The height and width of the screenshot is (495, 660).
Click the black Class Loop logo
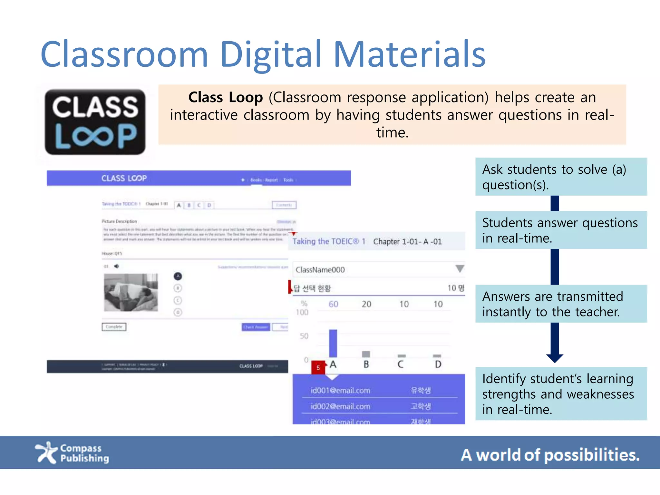click(x=95, y=122)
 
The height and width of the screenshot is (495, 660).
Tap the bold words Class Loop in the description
click(x=226, y=97)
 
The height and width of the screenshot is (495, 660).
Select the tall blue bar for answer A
click(x=333, y=343)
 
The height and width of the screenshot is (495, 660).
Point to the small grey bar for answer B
click(x=366, y=354)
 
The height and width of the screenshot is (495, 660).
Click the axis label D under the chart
click(x=438, y=364)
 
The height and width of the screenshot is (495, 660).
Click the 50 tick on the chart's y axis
click(x=304, y=336)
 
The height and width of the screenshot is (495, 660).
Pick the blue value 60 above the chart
click(x=333, y=304)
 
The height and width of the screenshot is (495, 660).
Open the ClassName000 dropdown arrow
click(x=460, y=269)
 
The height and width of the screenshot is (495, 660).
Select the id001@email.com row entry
click(x=340, y=391)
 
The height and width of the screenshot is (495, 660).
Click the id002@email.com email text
click(x=340, y=406)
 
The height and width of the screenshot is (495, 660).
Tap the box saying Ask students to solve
click(x=561, y=177)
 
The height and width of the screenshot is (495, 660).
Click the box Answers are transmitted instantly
click(x=561, y=304)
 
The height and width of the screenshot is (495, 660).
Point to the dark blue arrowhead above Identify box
click(x=555, y=358)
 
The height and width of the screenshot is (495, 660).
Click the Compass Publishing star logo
click(x=46, y=452)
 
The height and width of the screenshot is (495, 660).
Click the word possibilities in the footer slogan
click(x=592, y=455)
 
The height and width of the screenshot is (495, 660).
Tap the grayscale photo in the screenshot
click(x=131, y=293)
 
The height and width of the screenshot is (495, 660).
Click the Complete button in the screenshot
click(x=114, y=327)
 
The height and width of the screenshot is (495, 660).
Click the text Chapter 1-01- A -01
click(x=407, y=242)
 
